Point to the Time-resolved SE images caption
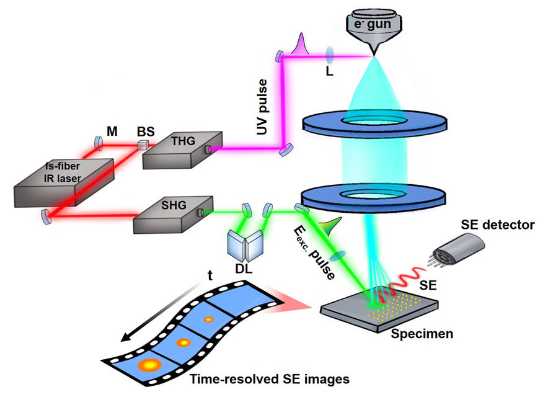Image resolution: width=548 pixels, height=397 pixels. [x=268, y=378]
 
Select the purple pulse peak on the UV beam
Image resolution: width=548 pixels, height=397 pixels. [x=302, y=43]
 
